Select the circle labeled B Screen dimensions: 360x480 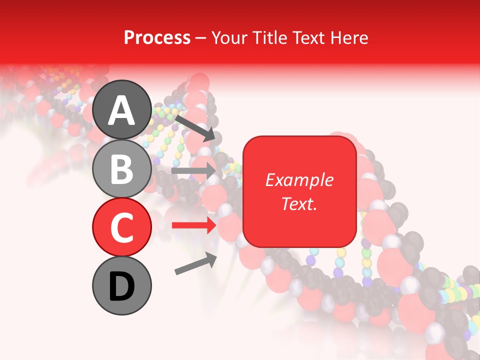click(121, 168)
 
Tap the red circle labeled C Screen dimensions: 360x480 click(121, 227)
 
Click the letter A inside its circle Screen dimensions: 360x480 click(121, 110)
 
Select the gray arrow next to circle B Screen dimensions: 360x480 click(193, 170)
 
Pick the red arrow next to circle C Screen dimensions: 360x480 click(193, 225)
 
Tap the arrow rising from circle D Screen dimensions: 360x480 click(195, 263)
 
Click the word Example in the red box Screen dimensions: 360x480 click(299, 180)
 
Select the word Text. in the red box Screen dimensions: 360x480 click(299, 203)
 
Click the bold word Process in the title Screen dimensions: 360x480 click(157, 37)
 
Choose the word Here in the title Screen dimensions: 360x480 click(349, 37)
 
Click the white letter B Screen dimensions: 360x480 click(121, 168)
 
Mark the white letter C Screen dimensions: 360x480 click(121, 227)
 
